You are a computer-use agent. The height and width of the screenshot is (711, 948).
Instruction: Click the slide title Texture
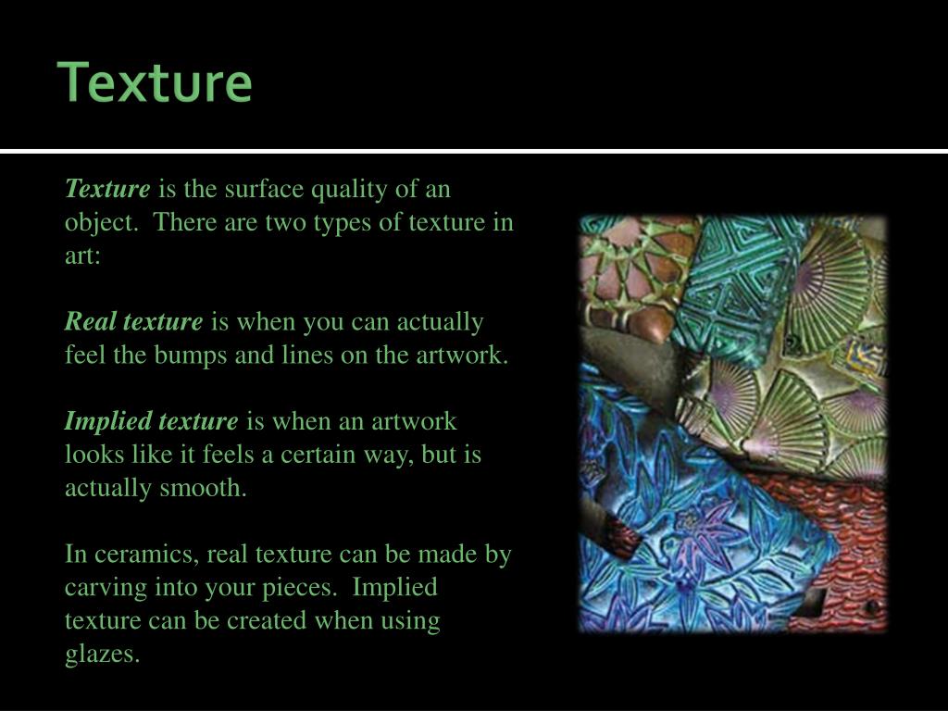(x=156, y=82)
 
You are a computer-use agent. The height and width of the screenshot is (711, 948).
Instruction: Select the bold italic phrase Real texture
(x=132, y=322)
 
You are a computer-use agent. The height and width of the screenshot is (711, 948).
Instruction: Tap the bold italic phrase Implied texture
(x=151, y=421)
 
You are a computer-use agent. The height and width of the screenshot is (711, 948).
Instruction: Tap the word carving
(x=99, y=588)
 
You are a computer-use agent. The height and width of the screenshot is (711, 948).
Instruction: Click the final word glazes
(x=102, y=655)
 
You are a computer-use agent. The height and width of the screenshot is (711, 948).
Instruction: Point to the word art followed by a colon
(x=81, y=256)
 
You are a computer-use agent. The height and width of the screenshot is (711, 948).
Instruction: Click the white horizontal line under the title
(x=474, y=150)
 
